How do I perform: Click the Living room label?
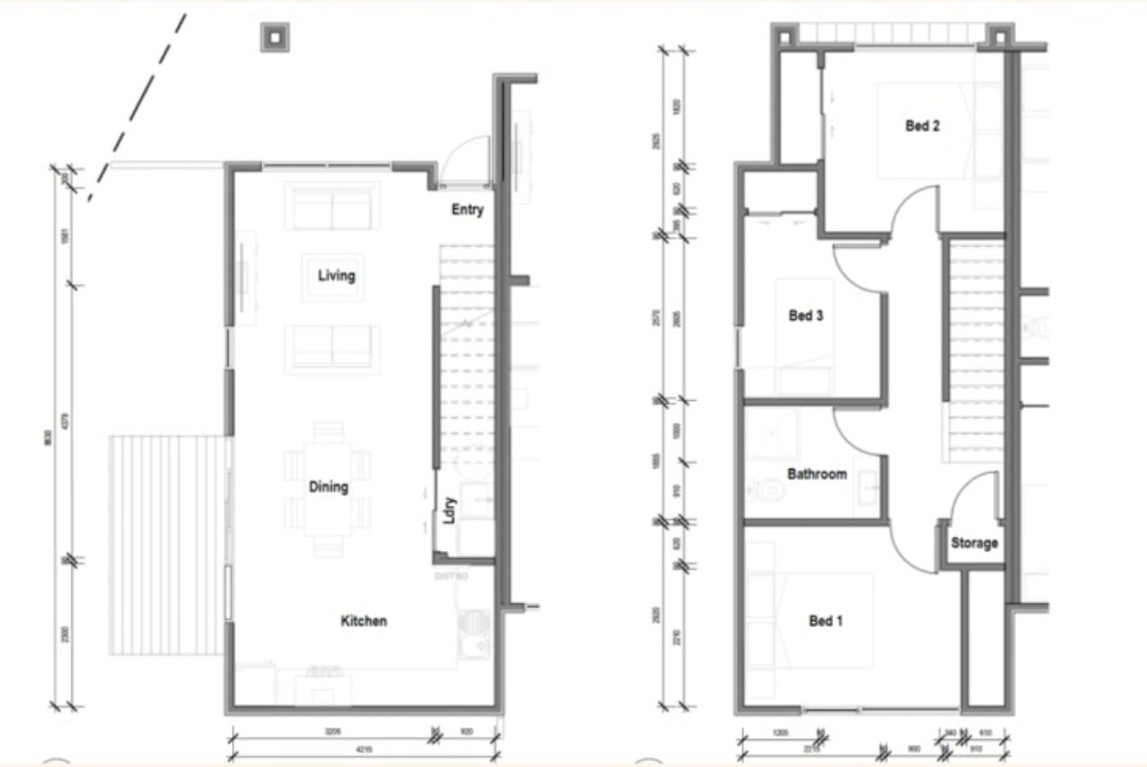point(336,276)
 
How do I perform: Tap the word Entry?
point(467,210)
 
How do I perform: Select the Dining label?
point(328,487)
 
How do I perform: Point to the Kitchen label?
point(363,621)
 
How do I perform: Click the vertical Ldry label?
point(449,510)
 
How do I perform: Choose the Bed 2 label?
point(922,126)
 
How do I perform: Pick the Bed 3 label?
point(805,316)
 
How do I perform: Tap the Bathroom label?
point(816,474)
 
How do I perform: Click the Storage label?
point(973,543)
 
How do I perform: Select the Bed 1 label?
point(825,621)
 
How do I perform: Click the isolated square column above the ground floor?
point(275,37)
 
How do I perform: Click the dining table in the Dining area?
point(328,489)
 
